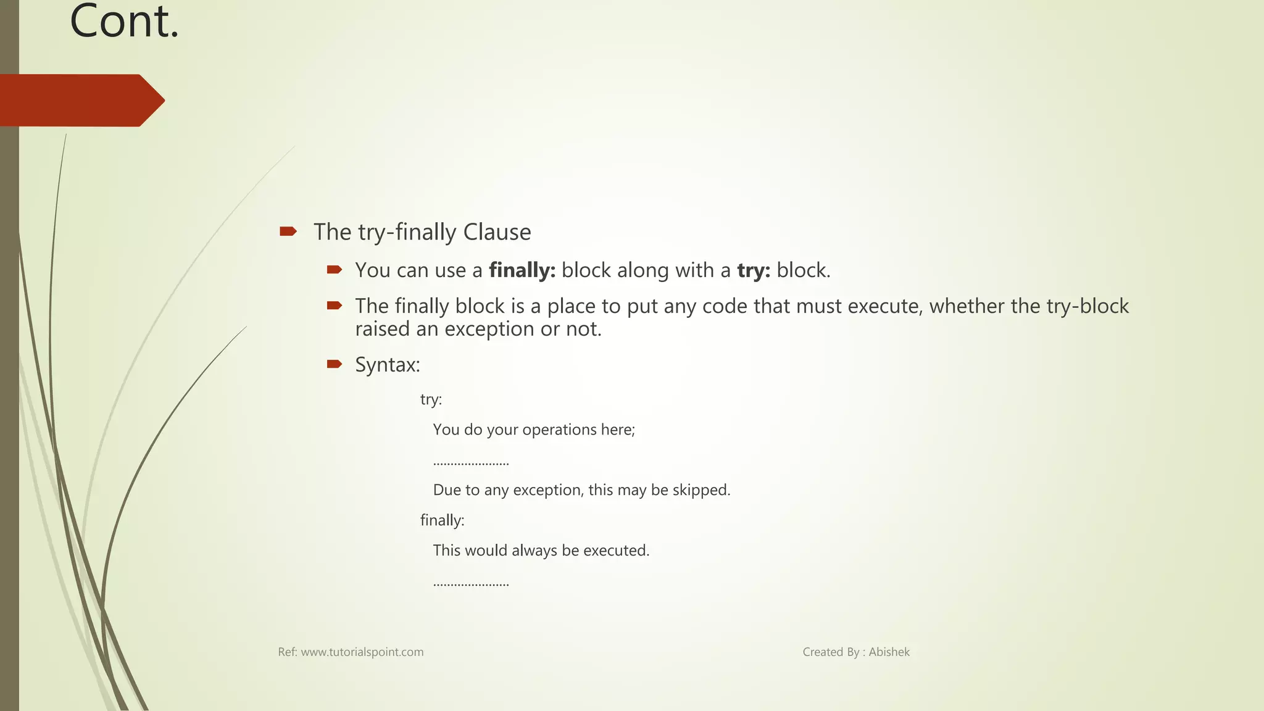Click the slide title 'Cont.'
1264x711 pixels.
pos(124,22)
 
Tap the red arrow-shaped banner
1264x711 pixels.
pos(80,101)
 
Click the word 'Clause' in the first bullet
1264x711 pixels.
pos(497,232)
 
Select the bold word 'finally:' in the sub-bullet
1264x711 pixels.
pos(522,270)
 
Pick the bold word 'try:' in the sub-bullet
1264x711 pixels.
pos(754,270)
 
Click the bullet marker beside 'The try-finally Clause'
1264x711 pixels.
pos(288,232)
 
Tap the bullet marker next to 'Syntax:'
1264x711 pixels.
pos(335,364)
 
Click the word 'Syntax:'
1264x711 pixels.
pos(388,365)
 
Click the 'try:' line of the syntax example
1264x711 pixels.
pos(431,399)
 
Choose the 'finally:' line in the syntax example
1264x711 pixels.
pos(442,520)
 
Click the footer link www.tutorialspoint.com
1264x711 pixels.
pos(362,652)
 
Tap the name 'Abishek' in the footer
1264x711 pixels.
pos(889,652)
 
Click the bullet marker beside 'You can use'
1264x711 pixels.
pos(335,270)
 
